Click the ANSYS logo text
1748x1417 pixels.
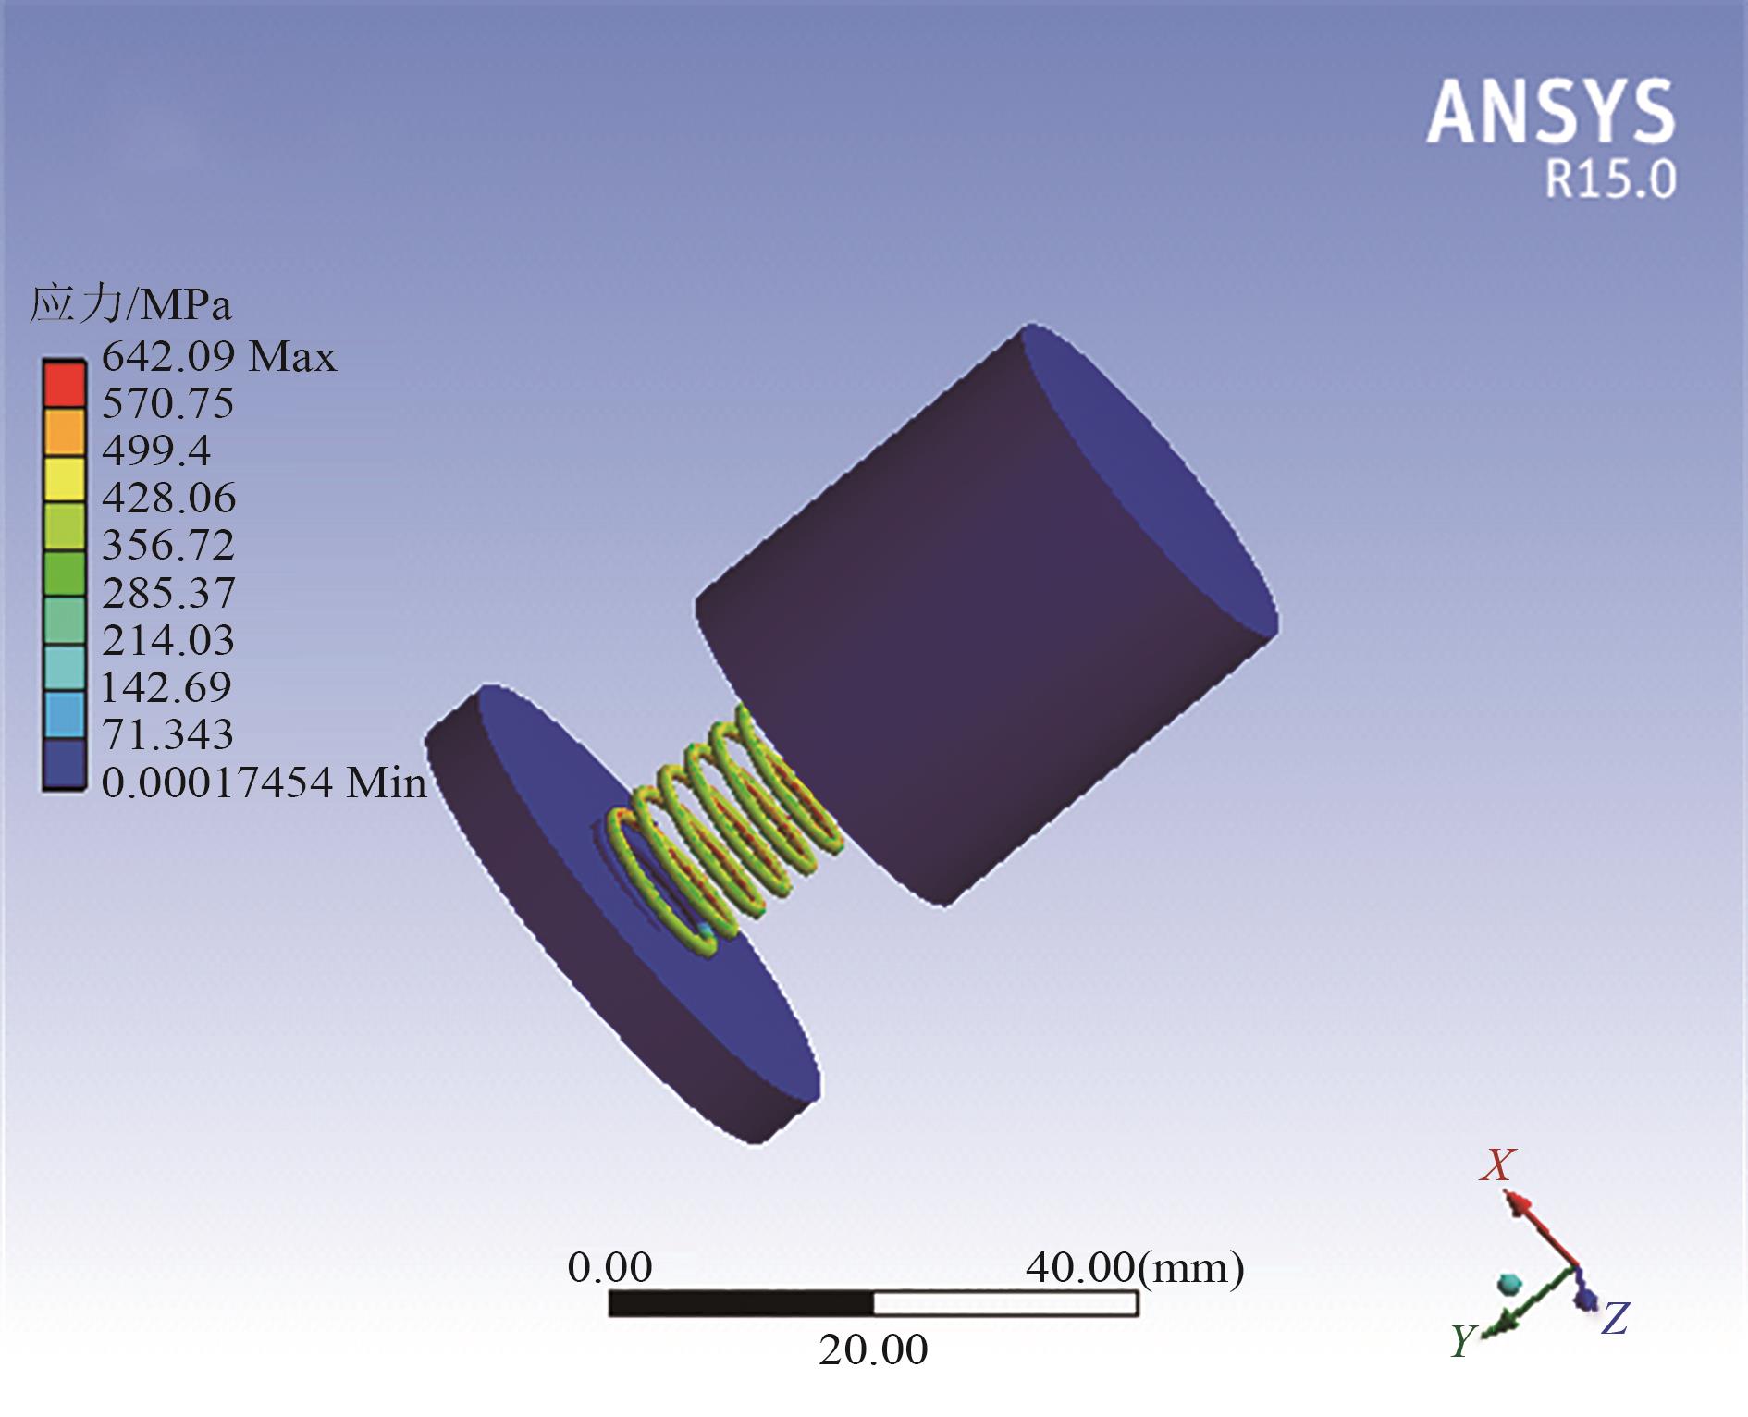[1551, 111]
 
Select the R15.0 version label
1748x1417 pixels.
[1611, 179]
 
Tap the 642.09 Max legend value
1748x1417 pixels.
[219, 356]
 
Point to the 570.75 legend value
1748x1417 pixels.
[167, 403]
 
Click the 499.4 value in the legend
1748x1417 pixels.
[156, 450]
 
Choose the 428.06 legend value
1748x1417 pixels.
[168, 498]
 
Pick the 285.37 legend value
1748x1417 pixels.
[168, 592]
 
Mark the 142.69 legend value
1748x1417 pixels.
[166, 686]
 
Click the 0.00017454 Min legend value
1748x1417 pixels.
[264, 782]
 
